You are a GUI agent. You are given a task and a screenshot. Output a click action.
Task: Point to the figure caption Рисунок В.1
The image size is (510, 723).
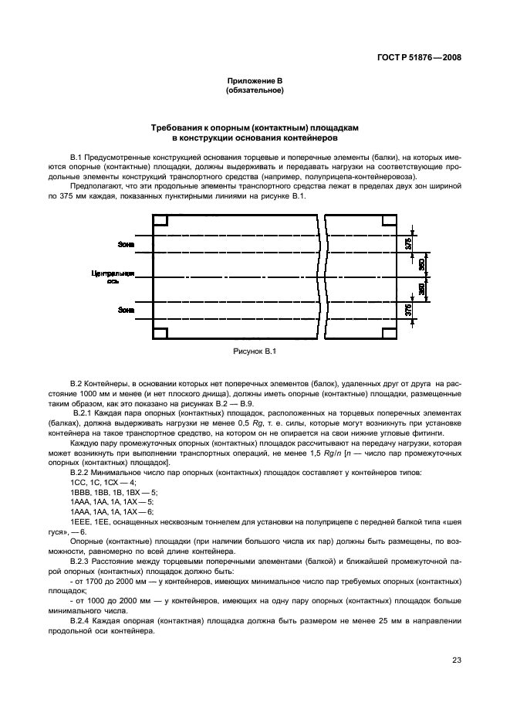point(255,351)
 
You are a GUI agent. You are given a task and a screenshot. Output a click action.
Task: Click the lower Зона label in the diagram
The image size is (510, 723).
point(126,311)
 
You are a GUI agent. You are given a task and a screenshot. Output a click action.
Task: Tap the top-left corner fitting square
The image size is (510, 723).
point(160,221)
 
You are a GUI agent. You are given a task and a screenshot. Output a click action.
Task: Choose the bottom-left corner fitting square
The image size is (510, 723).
point(160,333)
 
